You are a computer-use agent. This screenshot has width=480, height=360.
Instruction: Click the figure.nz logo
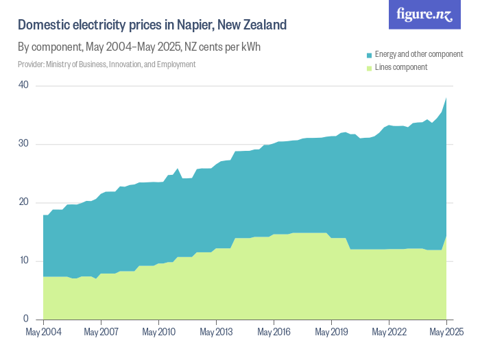pos(425,14)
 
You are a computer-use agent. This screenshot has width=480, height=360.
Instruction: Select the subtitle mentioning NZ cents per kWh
pos(139,47)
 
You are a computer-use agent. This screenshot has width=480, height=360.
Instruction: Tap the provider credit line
pos(106,64)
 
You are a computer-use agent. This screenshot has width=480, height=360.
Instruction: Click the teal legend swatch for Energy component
pos(370,54)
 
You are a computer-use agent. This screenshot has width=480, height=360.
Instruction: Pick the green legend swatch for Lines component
pos(370,67)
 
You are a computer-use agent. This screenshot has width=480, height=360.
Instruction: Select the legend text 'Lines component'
pos(401,67)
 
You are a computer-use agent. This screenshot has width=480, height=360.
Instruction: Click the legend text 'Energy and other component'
pos(418,54)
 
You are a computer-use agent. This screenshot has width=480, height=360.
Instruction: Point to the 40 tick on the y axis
pos(24,85)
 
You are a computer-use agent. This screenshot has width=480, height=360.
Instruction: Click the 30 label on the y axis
pos(24,144)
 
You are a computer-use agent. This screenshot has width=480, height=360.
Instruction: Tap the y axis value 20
pos(24,202)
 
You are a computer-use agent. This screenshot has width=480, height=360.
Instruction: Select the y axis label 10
pos(24,261)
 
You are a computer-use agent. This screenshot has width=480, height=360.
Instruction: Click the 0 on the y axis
pos(26,319)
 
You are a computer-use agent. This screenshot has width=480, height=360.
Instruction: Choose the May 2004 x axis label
pos(43,333)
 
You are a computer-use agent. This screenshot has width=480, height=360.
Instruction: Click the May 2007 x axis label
pos(101,333)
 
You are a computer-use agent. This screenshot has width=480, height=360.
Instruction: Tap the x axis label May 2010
pos(158,333)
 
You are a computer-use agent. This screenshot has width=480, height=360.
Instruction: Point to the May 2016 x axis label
pos(274,333)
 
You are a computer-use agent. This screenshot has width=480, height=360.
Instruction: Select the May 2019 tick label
pos(331,333)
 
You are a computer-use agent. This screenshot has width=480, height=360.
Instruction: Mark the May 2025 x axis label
pos(446,333)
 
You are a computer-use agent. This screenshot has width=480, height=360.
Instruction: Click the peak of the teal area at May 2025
pos(446,98)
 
